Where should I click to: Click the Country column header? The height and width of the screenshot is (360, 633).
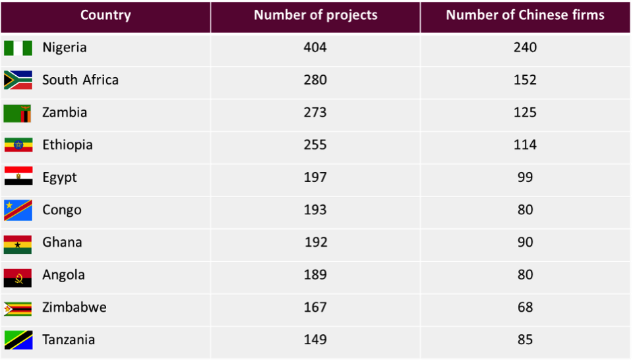pyautogui.click(x=105, y=15)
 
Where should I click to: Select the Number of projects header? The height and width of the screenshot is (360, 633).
pyautogui.click(x=315, y=15)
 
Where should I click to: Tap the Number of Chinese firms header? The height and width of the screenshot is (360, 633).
pyautogui.click(x=525, y=15)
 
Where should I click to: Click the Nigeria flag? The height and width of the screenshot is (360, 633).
pyautogui.click(x=18, y=48)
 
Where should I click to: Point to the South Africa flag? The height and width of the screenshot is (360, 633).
pyautogui.click(x=18, y=80)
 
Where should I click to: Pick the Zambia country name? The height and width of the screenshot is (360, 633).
pyautogui.click(x=65, y=112)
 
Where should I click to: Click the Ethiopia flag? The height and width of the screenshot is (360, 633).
pyautogui.click(x=18, y=145)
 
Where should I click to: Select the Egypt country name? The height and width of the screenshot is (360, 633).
pyautogui.click(x=60, y=178)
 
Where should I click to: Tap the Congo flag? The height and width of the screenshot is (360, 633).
pyautogui.click(x=18, y=210)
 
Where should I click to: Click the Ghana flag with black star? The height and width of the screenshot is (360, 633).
pyautogui.click(x=18, y=245)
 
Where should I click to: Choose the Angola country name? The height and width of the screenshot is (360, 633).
pyautogui.click(x=64, y=275)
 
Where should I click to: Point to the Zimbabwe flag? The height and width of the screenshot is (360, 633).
pyautogui.click(x=18, y=309)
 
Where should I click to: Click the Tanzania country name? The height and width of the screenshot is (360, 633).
pyautogui.click(x=69, y=340)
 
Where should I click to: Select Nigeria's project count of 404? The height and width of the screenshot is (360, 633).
pyautogui.click(x=315, y=47)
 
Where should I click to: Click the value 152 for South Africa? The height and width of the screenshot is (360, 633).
pyautogui.click(x=525, y=80)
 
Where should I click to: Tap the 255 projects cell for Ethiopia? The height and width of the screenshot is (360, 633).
pyautogui.click(x=315, y=145)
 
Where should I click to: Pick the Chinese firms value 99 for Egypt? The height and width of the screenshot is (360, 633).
pyautogui.click(x=525, y=177)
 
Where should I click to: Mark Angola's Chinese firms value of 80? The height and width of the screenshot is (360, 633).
pyautogui.click(x=525, y=275)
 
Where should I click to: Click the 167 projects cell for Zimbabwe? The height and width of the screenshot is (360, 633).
pyautogui.click(x=315, y=307)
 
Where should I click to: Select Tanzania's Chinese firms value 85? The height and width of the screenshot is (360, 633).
pyautogui.click(x=525, y=340)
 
